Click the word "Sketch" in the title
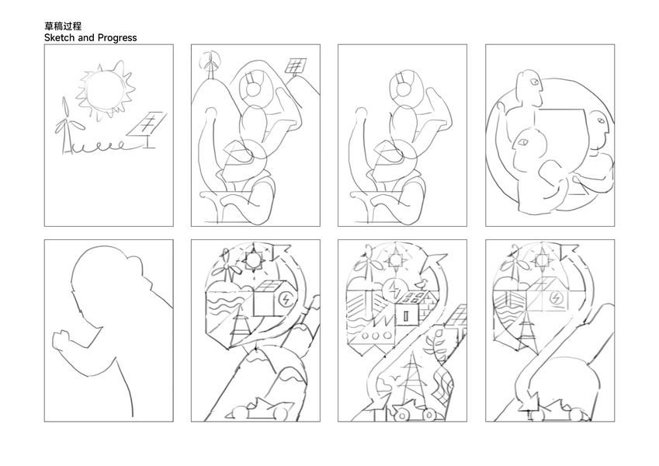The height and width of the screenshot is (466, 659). (x=60, y=38)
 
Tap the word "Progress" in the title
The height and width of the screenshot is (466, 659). (x=117, y=38)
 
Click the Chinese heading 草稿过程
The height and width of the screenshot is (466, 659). (x=63, y=26)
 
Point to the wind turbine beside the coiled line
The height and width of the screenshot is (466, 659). (x=66, y=125)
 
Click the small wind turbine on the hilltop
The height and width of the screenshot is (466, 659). (x=210, y=64)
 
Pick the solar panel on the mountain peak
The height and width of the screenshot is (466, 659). (x=297, y=67)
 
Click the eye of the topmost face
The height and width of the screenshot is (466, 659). (x=534, y=82)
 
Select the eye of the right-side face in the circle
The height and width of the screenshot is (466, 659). (x=600, y=120)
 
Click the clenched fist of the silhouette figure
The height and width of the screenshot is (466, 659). (x=62, y=339)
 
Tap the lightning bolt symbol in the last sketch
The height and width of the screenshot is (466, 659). (x=555, y=298)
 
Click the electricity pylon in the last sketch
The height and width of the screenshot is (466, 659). (x=525, y=331)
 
